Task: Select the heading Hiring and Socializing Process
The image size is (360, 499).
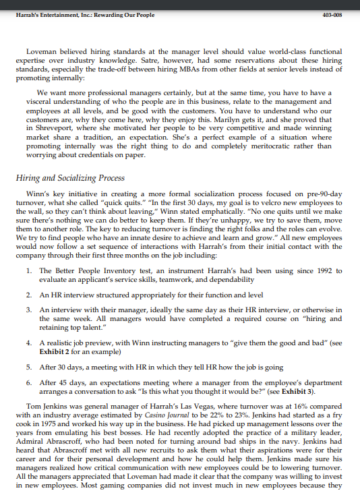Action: (69, 178)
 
